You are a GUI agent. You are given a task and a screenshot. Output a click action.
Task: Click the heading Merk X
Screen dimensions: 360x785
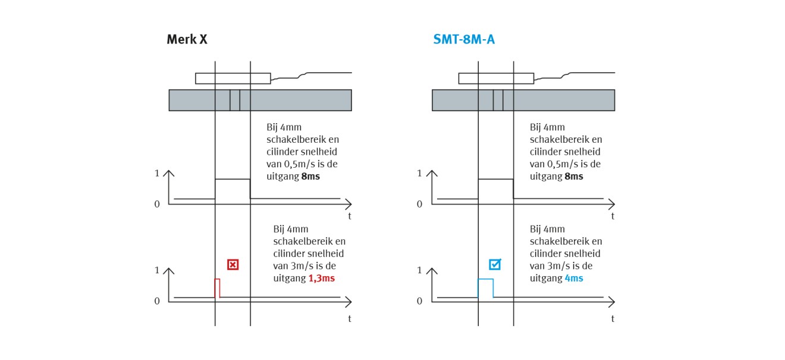click(187, 40)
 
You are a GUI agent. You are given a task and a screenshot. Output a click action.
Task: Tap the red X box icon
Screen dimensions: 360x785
click(233, 265)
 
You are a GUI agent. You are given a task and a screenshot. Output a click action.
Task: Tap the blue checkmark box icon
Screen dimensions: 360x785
click(495, 265)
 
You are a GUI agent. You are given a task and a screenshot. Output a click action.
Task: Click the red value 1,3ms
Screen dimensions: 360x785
click(322, 278)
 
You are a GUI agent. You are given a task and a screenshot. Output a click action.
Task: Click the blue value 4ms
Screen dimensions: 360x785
click(574, 278)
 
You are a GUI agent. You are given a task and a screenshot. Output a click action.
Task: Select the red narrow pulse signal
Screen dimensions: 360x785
click(217, 287)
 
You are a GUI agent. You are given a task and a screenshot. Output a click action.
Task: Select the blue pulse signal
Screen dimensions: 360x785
click(485, 287)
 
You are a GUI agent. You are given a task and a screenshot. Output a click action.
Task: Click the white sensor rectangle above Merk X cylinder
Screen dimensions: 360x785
click(233, 78)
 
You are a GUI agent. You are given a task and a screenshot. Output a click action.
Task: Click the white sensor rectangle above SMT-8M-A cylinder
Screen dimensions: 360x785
click(496, 78)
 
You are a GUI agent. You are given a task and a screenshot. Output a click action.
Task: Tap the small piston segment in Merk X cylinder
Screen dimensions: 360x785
click(235, 100)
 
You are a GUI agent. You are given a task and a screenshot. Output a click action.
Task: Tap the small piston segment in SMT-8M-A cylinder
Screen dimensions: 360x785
click(498, 100)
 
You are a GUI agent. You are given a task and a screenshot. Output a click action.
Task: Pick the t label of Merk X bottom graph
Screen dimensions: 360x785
click(350, 318)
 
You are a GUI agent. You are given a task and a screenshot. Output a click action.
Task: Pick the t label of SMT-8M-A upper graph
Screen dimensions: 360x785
click(613, 216)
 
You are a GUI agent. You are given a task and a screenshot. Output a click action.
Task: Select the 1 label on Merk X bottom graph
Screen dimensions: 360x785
click(157, 270)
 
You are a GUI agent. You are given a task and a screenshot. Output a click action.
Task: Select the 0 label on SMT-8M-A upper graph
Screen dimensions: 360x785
click(420, 204)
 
